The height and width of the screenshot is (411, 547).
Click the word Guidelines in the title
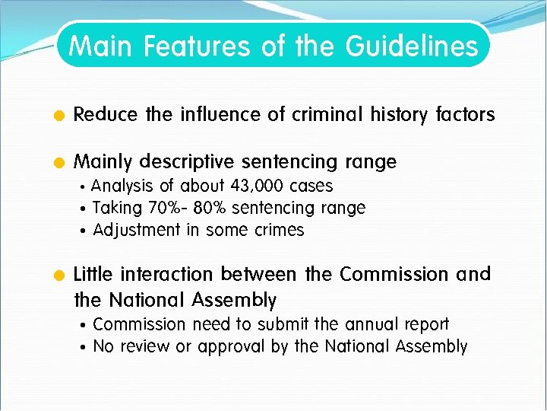[x=412, y=47]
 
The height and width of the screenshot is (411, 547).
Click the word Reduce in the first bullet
[x=106, y=115]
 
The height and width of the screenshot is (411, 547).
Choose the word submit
[x=283, y=324]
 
